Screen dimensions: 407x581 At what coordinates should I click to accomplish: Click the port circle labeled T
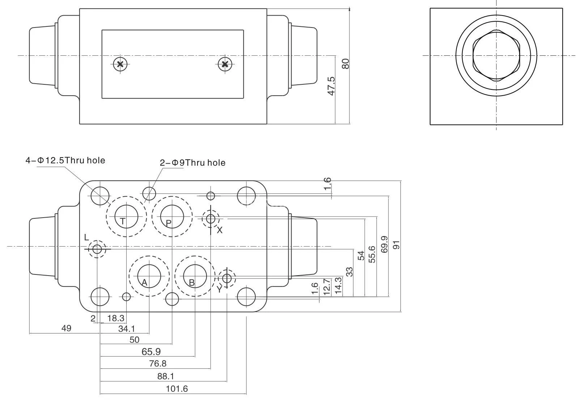126,217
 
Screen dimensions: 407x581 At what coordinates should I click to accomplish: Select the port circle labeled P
172,217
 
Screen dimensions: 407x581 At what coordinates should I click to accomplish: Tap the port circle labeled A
149,277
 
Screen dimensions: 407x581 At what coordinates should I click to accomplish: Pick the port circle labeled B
195,277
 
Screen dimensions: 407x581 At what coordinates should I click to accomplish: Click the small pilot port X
211,218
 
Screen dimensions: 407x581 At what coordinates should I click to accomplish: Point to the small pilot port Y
227,278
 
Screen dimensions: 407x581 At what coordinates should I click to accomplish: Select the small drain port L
97,249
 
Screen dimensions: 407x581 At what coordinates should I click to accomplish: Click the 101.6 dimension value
177,389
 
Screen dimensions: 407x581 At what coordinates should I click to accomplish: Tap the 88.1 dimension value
166,377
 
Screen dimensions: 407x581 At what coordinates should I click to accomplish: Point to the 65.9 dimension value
152,352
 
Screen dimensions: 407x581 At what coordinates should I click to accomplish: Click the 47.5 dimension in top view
331,86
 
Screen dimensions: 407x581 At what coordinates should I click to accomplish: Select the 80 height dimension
346,64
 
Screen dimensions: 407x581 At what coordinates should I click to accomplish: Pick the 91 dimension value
397,245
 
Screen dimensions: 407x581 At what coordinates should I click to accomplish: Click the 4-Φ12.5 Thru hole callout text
65,160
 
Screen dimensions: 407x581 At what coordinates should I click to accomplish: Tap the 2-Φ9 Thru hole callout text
192,163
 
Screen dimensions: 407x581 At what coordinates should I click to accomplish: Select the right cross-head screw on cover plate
225,64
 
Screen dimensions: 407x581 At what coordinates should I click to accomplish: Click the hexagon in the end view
496,56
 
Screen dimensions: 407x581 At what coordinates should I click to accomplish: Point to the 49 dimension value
66,328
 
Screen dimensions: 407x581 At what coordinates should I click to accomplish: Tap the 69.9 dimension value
385,244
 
